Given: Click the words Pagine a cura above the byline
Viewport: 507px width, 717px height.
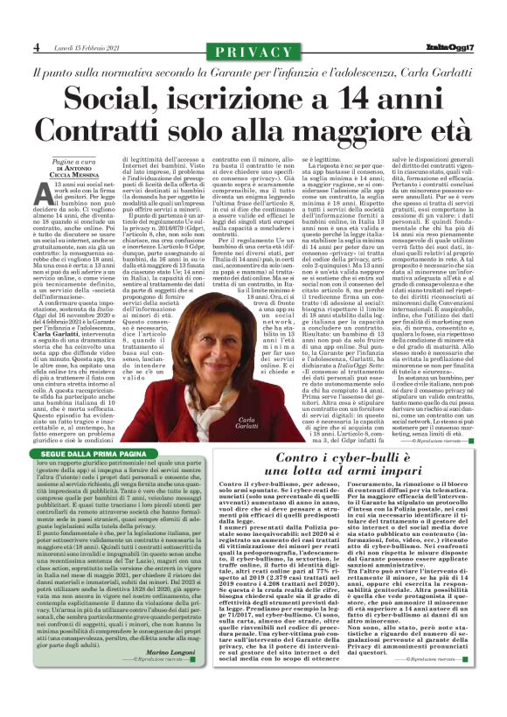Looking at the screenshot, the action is (x=73, y=163).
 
